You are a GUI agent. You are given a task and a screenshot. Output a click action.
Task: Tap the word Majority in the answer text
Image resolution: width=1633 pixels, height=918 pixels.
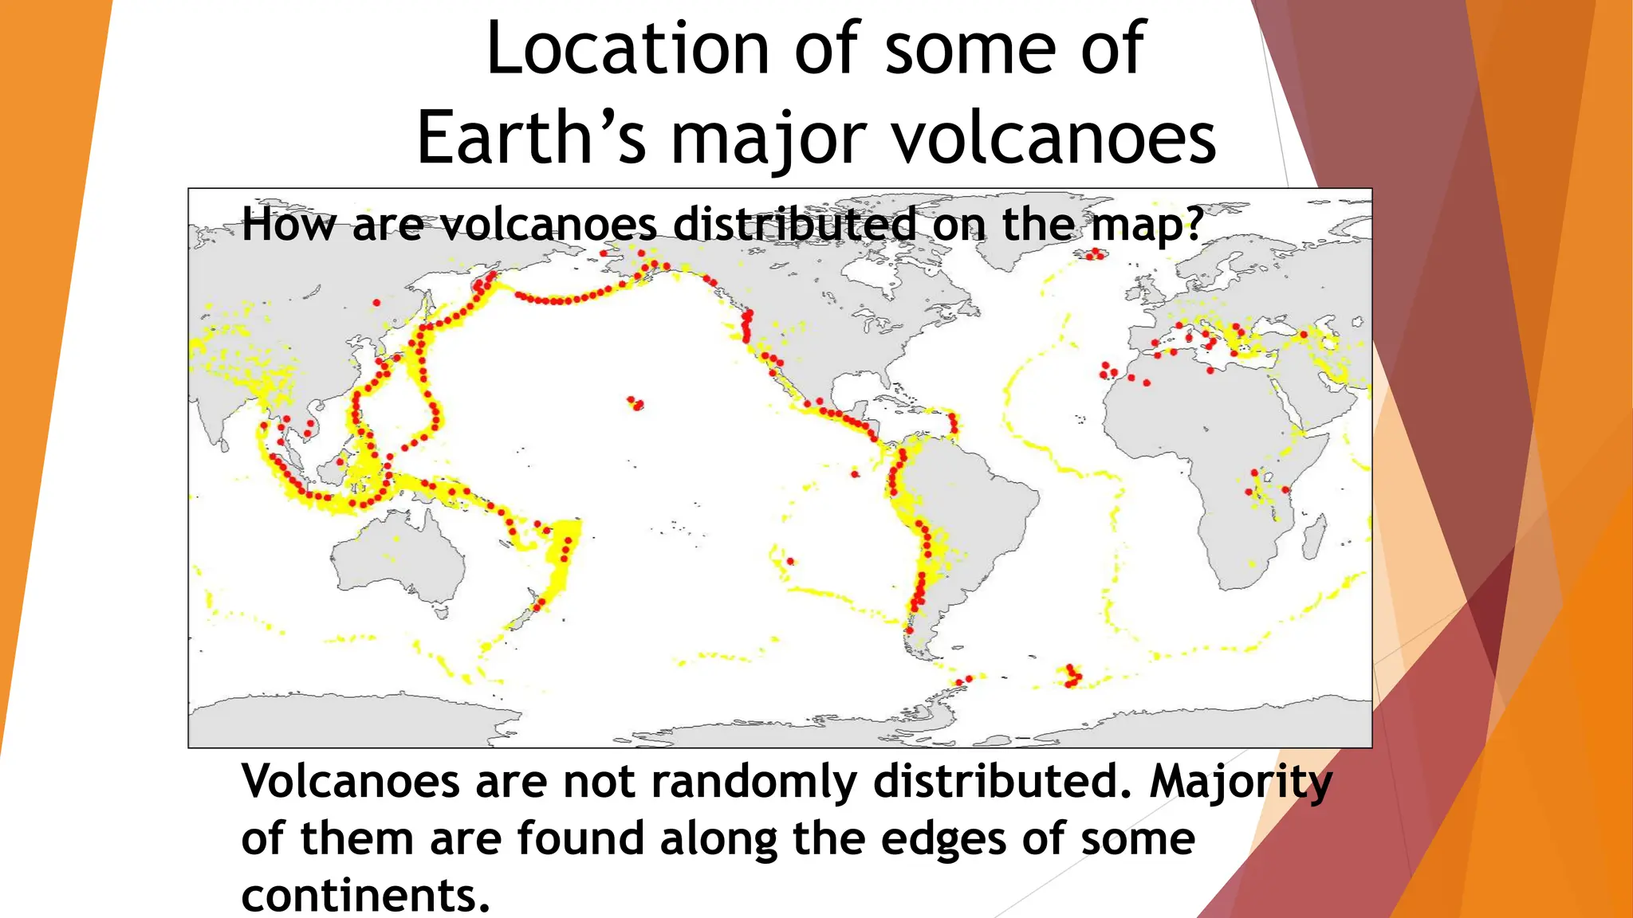(1241, 783)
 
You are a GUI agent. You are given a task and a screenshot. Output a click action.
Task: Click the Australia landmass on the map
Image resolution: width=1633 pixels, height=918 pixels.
(399, 558)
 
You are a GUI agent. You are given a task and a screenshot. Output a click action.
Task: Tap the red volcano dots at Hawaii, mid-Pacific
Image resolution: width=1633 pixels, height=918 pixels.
(635, 403)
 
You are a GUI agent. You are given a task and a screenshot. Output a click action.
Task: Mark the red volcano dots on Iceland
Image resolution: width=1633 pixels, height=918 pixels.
(1096, 254)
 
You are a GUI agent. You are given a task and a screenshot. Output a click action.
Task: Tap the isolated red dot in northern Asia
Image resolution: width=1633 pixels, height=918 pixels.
(377, 303)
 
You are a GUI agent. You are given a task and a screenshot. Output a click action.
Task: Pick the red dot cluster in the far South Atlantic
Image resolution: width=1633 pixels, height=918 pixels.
(1072, 676)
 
